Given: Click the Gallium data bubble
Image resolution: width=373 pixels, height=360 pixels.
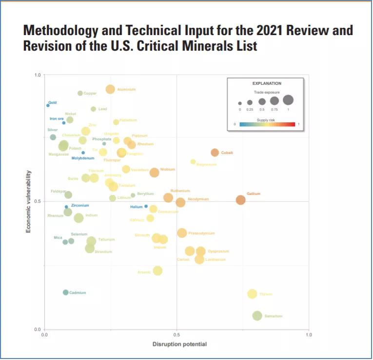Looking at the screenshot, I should pyautogui.click(x=240, y=200).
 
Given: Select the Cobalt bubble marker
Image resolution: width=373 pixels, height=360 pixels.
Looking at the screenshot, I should pyautogui.click(x=215, y=153).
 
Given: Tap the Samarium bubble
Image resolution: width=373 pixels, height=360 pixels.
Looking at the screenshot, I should pyautogui.click(x=257, y=316).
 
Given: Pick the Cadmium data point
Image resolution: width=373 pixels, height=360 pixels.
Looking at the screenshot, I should pyautogui.click(x=66, y=292).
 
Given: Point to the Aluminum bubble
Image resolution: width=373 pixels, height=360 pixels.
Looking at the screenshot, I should pyautogui.click(x=110, y=89).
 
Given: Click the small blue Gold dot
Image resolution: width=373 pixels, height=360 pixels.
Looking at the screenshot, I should pyautogui.click(x=48, y=105).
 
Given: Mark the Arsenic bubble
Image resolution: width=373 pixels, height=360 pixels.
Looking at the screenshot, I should pyautogui.click(x=157, y=271).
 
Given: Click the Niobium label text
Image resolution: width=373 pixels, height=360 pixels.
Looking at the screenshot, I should pyautogui.click(x=168, y=169).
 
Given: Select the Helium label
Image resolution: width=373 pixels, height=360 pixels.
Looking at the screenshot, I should pyautogui.click(x=136, y=207).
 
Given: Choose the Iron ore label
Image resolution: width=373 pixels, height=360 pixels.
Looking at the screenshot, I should pyautogui.click(x=57, y=118).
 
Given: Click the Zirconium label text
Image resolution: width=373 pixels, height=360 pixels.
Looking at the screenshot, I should pyautogui.click(x=80, y=206).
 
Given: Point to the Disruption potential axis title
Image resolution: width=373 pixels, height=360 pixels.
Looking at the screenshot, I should pyautogui.click(x=179, y=344).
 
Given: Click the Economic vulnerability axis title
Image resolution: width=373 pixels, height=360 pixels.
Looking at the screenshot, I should pyautogui.click(x=28, y=201).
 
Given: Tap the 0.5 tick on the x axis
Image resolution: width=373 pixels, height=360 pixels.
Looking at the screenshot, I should pyautogui.click(x=177, y=335).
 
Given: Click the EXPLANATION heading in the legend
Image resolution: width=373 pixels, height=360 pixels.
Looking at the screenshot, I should pyautogui.click(x=267, y=83).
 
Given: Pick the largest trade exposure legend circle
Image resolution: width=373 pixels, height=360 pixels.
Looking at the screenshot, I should pyautogui.click(x=288, y=100).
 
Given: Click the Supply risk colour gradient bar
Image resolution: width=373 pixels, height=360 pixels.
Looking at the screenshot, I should pyautogui.click(x=267, y=124).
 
